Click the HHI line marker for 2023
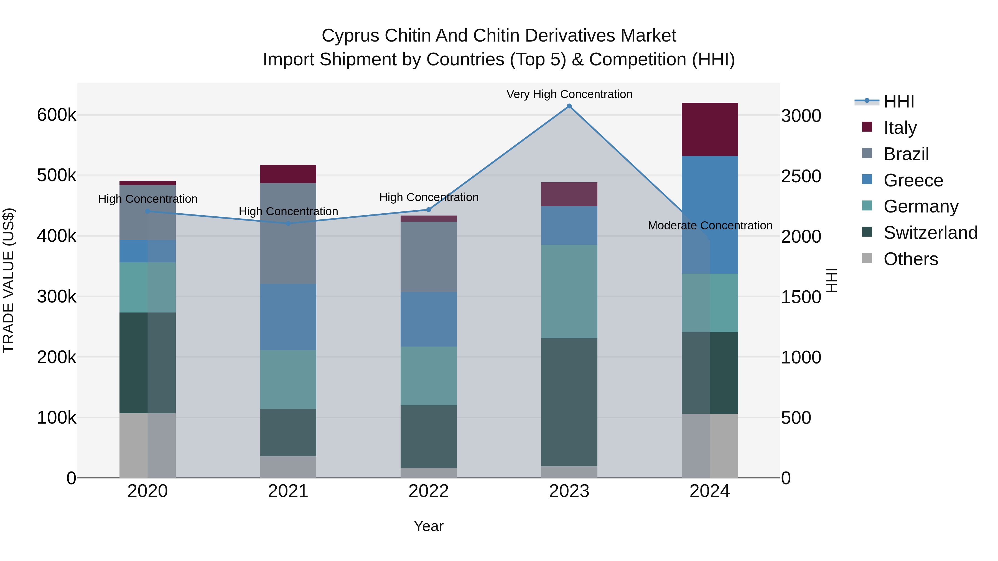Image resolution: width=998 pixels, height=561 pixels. (569, 106)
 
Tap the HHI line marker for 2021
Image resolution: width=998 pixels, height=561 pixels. (288, 223)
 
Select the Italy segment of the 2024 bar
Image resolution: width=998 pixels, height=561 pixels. (709, 129)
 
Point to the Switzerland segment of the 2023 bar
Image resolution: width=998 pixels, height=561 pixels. (569, 402)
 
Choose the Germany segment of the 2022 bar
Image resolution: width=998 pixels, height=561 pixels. (429, 376)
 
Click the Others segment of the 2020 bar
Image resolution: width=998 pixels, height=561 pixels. (147, 445)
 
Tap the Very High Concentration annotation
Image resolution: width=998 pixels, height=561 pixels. (569, 94)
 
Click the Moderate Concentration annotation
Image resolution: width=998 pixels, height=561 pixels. (710, 225)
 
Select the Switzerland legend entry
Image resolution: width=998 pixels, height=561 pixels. (930, 233)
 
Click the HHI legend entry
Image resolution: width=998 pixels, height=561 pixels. (899, 101)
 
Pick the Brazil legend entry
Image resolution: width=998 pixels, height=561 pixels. (906, 154)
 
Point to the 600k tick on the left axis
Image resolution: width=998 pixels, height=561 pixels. (57, 115)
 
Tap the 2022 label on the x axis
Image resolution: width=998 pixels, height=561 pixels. (429, 491)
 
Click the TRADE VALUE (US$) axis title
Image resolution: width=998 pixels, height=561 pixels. (9, 280)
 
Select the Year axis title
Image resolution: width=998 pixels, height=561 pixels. (429, 526)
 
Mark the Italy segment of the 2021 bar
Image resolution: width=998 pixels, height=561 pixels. (288, 174)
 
